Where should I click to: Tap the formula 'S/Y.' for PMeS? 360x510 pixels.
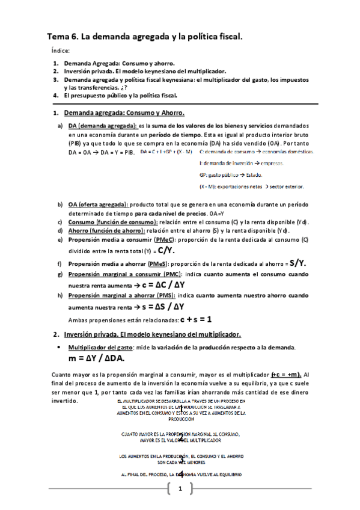298,262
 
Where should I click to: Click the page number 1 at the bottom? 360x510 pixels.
179,487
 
